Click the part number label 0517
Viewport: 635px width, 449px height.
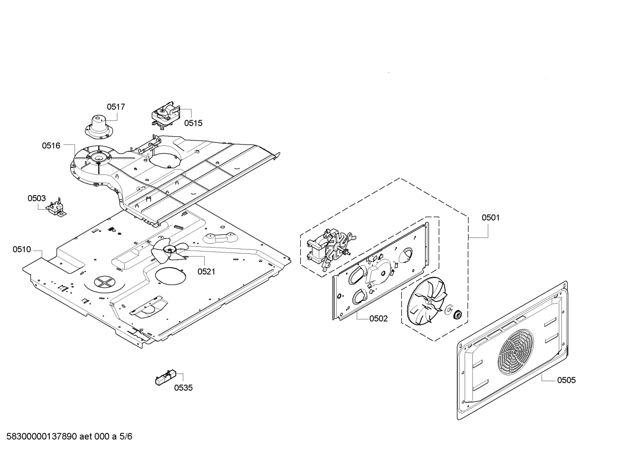(116, 107)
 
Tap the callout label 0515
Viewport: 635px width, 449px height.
(193, 123)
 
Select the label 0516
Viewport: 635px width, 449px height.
(51, 145)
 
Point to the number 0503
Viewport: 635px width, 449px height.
(37, 198)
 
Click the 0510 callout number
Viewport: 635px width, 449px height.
(22, 250)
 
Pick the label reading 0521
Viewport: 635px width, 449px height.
(206, 271)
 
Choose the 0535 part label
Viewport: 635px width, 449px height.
(183, 388)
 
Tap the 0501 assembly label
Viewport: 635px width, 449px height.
(491, 217)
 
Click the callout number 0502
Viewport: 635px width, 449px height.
(379, 319)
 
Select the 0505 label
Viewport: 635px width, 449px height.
(566, 380)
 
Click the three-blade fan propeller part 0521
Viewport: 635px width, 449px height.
(167, 251)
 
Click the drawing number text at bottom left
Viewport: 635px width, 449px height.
(66, 437)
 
